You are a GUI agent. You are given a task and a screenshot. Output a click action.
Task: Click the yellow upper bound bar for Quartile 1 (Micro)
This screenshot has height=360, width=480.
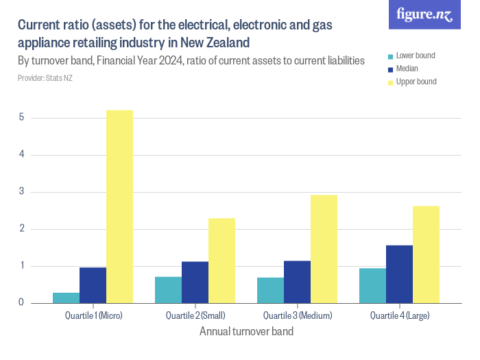click(x=119, y=206)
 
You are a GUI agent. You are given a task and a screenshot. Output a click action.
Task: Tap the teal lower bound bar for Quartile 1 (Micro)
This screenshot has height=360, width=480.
click(x=67, y=298)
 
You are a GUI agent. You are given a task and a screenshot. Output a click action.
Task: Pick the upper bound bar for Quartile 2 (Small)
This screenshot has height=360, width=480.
click(x=221, y=261)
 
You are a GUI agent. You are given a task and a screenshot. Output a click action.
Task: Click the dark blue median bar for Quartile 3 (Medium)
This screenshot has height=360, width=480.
click(x=298, y=282)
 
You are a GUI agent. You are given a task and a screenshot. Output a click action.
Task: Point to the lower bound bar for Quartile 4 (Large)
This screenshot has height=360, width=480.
click(x=373, y=285)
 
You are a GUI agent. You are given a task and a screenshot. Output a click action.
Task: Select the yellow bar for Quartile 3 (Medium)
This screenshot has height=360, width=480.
click(x=324, y=249)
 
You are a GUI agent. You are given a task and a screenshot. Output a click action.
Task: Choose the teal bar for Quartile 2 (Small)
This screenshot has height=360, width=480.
click(x=169, y=289)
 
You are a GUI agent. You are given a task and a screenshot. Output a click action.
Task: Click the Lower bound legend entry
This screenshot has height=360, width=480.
click(x=415, y=56)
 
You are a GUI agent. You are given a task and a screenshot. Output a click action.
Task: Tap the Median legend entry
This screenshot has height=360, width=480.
click(x=407, y=69)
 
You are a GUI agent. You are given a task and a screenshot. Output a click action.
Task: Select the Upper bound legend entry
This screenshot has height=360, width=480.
click(x=416, y=82)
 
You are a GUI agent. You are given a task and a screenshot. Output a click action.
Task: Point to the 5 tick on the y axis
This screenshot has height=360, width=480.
click(x=22, y=118)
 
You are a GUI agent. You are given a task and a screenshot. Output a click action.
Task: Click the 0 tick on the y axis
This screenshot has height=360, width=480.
click(x=22, y=303)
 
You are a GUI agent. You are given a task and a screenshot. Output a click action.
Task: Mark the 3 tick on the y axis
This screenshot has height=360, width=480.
click(x=22, y=192)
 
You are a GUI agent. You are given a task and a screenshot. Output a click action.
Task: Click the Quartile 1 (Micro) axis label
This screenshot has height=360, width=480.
click(x=93, y=316)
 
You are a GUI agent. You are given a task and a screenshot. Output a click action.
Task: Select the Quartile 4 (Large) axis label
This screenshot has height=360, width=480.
click(x=400, y=316)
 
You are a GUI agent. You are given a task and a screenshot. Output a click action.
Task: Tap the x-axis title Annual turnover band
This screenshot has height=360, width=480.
click(x=246, y=332)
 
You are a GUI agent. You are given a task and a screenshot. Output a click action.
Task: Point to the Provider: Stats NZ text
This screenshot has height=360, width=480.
click(x=45, y=78)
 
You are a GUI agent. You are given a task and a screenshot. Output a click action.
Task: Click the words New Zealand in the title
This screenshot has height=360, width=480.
click(x=212, y=43)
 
